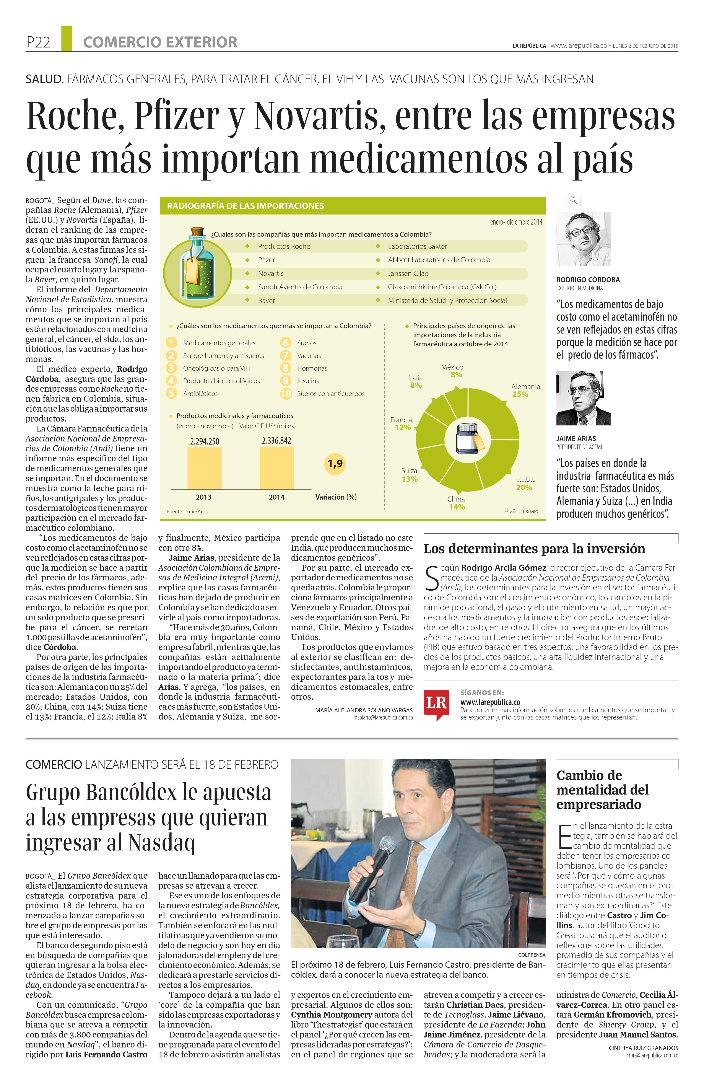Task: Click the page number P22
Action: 38,42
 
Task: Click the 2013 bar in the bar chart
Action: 204,468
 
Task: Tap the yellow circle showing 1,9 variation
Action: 335,464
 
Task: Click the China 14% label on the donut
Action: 456,503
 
